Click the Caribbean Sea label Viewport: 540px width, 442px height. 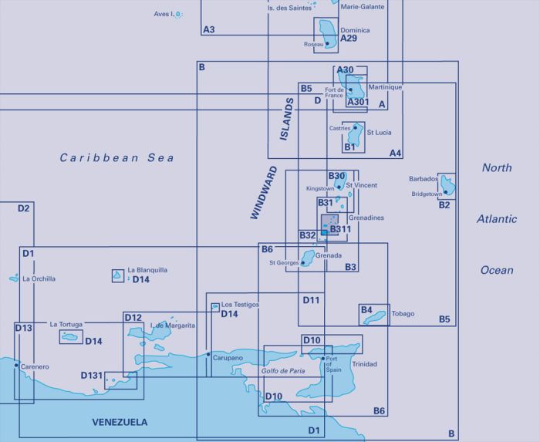116,157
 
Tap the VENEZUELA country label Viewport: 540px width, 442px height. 120,422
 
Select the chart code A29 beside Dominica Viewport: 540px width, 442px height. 349,39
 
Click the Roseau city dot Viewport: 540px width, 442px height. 327,44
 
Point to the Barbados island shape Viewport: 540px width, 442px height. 447,185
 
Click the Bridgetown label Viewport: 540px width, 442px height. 427,194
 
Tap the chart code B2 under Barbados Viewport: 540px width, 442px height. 444,205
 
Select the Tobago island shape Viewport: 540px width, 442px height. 374,317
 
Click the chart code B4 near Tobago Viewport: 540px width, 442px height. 366,310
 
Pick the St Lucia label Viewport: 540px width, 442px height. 379,133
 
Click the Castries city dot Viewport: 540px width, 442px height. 355,128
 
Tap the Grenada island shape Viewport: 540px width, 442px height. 308,257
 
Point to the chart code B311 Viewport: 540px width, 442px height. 340,229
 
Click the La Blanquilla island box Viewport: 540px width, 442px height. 118,275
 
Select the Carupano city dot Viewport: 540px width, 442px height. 208,354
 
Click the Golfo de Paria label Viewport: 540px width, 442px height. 283,371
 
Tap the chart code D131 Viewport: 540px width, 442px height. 92,375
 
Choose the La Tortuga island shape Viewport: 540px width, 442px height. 70,336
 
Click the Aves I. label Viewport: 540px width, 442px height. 164,14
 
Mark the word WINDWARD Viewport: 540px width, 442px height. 264,192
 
